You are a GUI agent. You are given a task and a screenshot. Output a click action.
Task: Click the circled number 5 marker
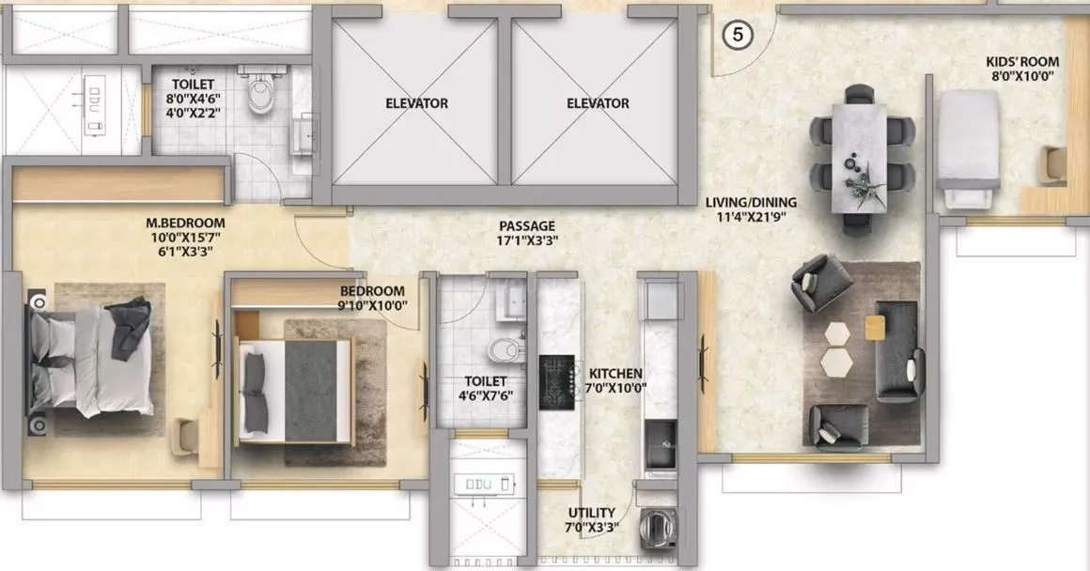coord(739,35)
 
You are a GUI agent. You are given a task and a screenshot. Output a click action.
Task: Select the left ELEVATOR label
coord(416,103)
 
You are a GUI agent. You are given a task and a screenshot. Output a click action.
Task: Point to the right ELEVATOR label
coord(598,103)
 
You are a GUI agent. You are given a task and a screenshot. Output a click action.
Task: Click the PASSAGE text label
coord(527,226)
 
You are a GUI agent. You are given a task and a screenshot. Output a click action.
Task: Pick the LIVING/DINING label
coord(752,202)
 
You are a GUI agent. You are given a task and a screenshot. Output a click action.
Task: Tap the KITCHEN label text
coord(615,374)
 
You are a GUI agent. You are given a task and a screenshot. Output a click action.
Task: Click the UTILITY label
coord(592,513)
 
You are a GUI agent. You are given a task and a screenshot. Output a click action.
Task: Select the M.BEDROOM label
coord(185,224)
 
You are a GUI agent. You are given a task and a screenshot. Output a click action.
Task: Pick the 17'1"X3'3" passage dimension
coord(527,241)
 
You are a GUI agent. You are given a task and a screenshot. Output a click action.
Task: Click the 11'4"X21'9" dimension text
coord(752,218)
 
